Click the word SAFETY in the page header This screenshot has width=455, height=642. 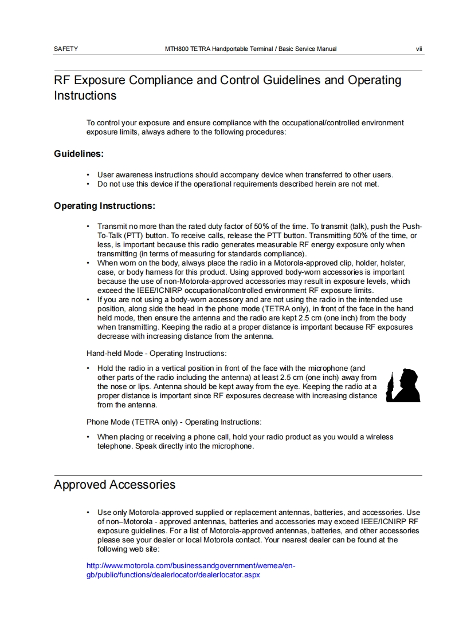66,49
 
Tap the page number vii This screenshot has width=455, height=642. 419,49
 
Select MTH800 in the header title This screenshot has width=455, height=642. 176,49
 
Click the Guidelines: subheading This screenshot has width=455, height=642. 79,154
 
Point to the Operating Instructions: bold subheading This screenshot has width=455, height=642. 105,205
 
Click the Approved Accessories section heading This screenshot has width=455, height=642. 115,485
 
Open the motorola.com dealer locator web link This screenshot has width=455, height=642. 190,570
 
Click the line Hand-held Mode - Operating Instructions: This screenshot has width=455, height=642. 156,353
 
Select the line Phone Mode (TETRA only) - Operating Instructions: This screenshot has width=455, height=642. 174,422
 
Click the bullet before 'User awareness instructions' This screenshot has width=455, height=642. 88,175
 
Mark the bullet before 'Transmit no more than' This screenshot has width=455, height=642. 88,227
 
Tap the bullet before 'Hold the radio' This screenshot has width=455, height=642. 88,368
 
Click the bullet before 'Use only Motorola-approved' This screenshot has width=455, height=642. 88,512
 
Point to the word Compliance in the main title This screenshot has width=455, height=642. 161,80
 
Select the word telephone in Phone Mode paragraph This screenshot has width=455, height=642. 115,446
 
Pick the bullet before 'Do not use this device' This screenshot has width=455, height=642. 88,184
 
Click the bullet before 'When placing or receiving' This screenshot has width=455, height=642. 88,437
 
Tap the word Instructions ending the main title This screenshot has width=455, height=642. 85,96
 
